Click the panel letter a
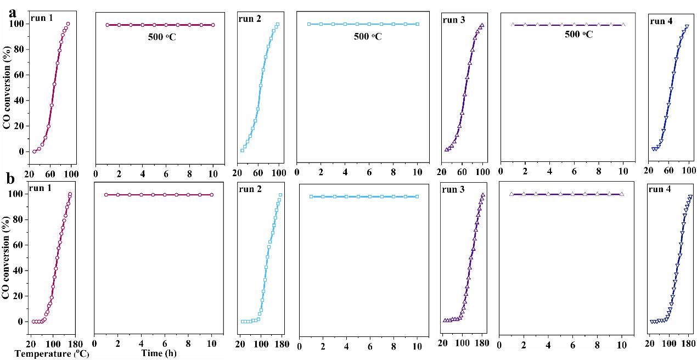coord(12,9)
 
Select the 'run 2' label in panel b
coord(250,190)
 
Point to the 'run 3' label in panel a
coord(453,20)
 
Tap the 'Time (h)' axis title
coord(159,353)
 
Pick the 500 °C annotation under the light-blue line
coord(368,37)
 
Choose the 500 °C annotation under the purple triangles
coord(578,34)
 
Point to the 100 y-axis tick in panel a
coord(19,24)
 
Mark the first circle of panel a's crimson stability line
coord(108,25)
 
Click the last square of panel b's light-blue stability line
coord(417,196)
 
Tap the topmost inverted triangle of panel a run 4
coord(687,27)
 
